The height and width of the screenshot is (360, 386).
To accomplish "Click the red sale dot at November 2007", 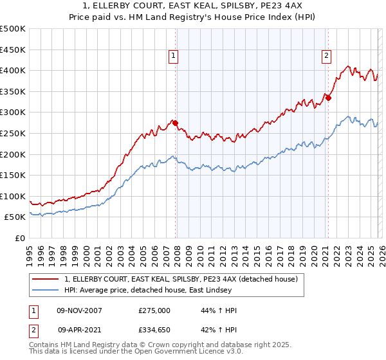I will click(176, 123).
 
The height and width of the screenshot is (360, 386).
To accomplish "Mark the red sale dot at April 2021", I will click(327, 98).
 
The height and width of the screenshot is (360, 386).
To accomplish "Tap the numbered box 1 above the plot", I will click(174, 56).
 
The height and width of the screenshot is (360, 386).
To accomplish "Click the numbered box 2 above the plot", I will click(326, 56).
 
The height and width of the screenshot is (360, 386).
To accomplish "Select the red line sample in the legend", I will click(45, 280).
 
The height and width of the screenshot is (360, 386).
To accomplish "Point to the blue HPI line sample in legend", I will click(45, 291).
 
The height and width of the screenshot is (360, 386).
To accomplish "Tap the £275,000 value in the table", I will click(154, 310).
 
